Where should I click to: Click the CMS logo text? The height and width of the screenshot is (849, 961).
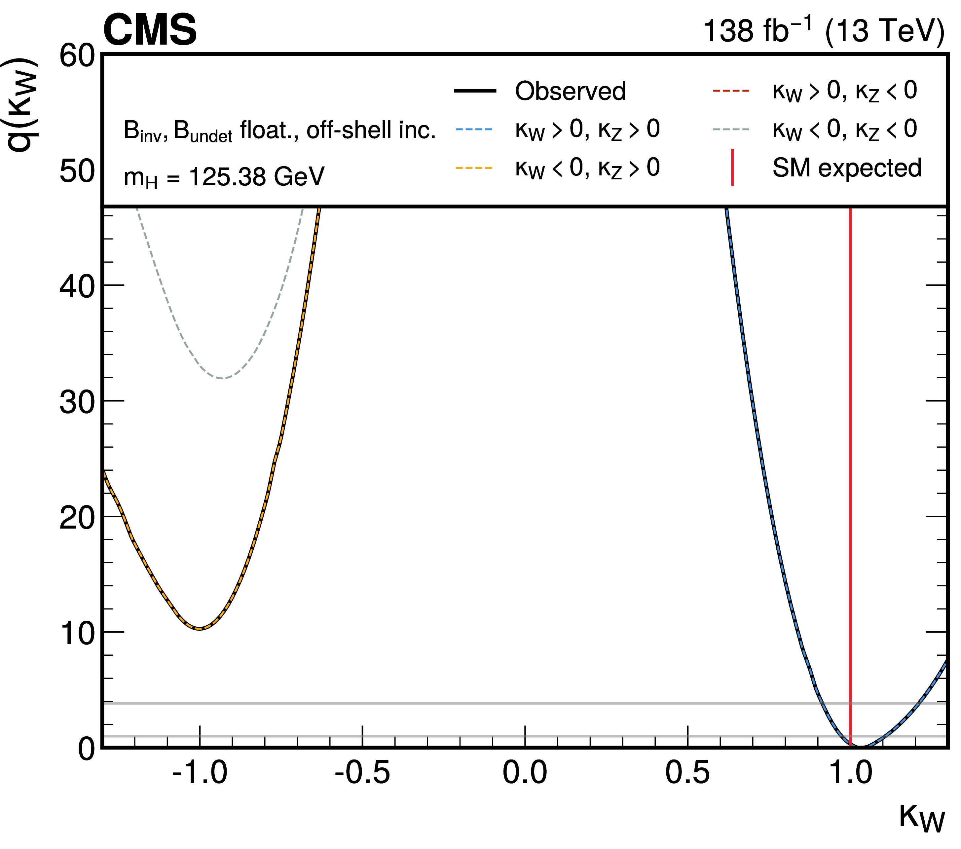(x=150, y=30)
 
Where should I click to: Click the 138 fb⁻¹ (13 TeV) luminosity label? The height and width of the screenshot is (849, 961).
(x=823, y=31)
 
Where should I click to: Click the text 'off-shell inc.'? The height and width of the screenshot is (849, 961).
(x=371, y=130)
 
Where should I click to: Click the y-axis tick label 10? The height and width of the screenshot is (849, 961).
(x=77, y=634)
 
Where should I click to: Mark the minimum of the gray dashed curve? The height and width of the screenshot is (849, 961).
(x=222, y=378)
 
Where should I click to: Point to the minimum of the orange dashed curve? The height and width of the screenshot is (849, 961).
(x=200, y=629)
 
